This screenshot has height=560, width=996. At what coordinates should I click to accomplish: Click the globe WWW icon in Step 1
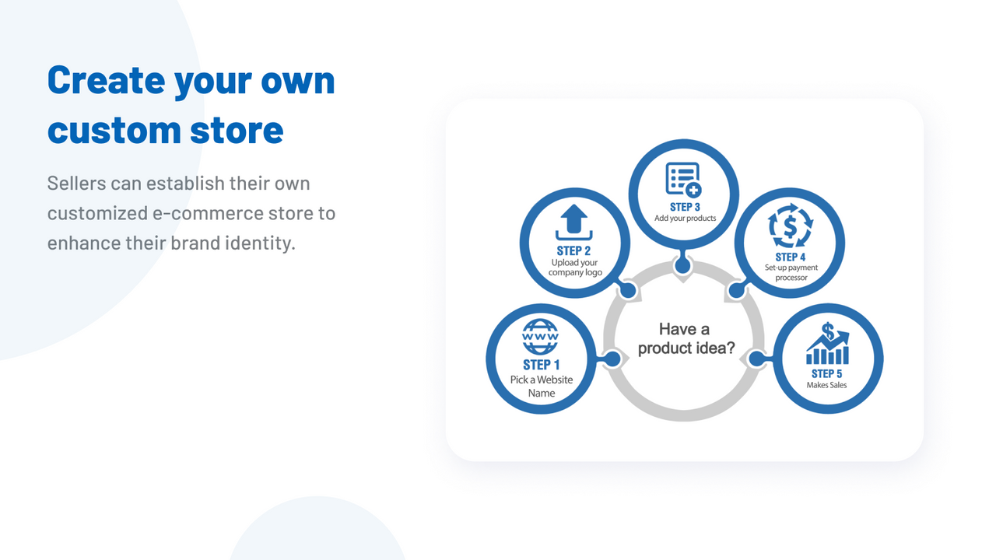pos(541,338)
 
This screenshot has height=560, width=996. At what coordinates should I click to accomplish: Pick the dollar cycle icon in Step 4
pos(791,228)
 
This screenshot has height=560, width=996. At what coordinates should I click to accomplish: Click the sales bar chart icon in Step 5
pos(828,345)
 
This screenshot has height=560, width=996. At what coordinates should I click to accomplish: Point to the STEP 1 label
pos(542,365)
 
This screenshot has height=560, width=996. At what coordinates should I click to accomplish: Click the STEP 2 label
pos(574,250)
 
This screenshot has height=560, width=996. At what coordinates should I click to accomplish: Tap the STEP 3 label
pos(685,207)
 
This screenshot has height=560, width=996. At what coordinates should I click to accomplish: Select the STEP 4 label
pos(791,257)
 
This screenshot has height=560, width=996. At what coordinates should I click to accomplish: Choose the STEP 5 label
pos(827,373)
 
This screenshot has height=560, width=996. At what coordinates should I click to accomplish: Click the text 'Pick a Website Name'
pos(542,386)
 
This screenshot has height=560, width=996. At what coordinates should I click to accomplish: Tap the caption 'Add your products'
pos(685,219)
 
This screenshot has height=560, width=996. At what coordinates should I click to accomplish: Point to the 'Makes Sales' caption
pos(827,385)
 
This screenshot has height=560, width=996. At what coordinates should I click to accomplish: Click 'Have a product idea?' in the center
pos(685,338)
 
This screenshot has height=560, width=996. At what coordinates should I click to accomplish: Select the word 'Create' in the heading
pos(106,79)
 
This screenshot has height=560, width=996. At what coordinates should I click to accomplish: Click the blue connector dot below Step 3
pos(683,266)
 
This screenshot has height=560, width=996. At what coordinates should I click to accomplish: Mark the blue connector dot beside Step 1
pos(612,359)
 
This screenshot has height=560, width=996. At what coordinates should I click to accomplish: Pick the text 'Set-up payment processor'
pos(791,272)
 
